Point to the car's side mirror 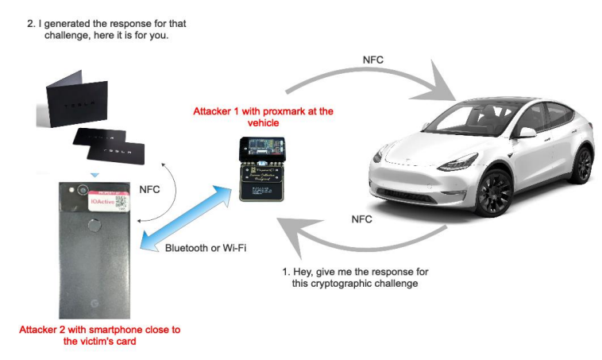[x=527, y=132]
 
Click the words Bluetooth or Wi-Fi [x=206, y=248]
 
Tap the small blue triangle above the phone [x=95, y=175]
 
